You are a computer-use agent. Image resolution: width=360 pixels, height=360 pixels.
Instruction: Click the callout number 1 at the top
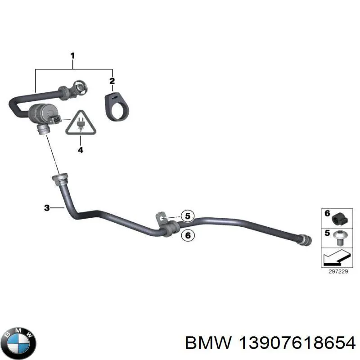72,56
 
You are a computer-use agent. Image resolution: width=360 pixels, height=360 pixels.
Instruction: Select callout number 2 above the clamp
112,81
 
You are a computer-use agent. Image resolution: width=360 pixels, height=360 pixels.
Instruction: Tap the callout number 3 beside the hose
47,208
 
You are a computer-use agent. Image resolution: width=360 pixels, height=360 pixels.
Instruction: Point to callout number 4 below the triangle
81,150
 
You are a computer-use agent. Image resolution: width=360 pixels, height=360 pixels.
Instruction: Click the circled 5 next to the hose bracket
188,216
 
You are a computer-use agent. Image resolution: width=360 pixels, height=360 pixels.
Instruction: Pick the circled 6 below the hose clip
188,235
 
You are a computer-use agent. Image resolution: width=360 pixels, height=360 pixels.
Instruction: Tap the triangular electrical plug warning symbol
81,123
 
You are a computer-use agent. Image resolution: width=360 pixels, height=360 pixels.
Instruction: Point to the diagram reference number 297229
338,272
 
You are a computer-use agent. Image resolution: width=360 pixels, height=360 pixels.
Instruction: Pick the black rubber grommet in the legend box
340,219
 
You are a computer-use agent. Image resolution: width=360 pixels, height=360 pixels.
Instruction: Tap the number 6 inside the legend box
327,213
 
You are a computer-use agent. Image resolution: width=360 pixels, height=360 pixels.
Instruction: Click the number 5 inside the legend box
327,233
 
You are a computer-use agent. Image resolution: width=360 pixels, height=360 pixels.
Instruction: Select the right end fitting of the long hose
306,240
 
